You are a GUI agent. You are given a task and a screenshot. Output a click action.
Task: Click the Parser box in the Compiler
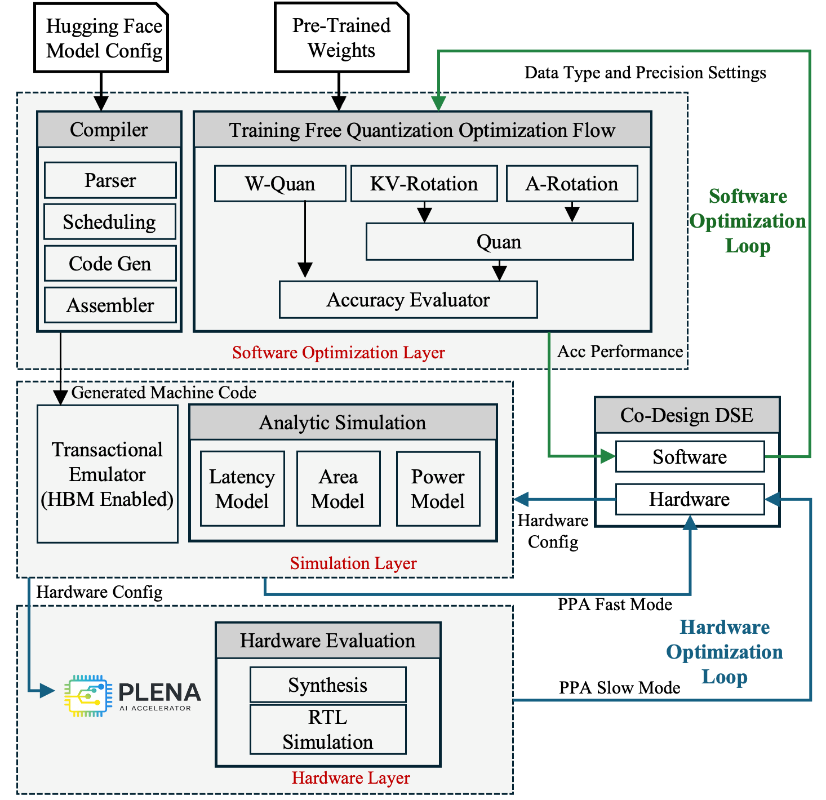pyautogui.click(x=110, y=180)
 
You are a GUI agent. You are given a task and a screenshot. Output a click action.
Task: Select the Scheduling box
pyautogui.click(x=110, y=222)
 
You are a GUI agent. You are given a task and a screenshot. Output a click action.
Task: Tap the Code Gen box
pyautogui.click(x=110, y=264)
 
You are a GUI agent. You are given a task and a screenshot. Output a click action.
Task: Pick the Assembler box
pyautogui.click(x=110, y=305)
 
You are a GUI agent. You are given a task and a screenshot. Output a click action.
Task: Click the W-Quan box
pyautogui.click(x=279, y=184)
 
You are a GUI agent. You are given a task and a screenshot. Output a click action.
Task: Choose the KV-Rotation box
pyautogui.click(x=424, y=184)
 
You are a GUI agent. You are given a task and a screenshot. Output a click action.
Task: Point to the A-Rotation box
pyautogui.click(x=571, y=184)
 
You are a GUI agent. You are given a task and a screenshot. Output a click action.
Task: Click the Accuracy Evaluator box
pyautogui.click(x=408, y=300)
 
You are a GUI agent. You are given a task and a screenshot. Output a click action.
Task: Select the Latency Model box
pyautogui.click(x=242, y=488)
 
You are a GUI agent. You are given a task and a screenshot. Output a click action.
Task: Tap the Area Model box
pyautogui.click(x=338, y=488)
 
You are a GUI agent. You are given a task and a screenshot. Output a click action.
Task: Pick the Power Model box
pyautogui.click(x=438, y=488)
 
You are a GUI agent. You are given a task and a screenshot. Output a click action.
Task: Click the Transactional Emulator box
pyautogui.click(x=107, y=474)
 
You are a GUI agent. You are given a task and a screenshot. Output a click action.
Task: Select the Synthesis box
pyautogui.click(x=327, y=685)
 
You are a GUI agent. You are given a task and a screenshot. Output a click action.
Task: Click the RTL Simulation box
pyautogui.click(x=327, y=730)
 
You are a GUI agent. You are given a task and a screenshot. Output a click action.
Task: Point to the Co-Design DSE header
pyautogui.click(x=687, y=415)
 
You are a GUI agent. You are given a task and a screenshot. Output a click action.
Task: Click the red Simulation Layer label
pyautogui.click(x=353, y=563)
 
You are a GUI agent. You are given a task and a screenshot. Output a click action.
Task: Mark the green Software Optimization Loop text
pyautogui.click(x=748, y=221)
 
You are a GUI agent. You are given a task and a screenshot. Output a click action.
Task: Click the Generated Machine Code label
pyautogui.click(x=163, y=393)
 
